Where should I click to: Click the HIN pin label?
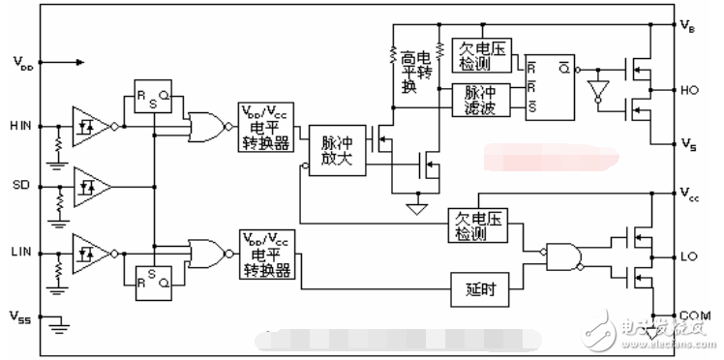(20, 126)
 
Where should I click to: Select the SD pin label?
(20, 184)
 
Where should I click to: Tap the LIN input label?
(20, 251)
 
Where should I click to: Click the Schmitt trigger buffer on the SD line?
(92, 183)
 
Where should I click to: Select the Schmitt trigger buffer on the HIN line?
(92, 125)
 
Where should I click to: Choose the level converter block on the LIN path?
(268, 254)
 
